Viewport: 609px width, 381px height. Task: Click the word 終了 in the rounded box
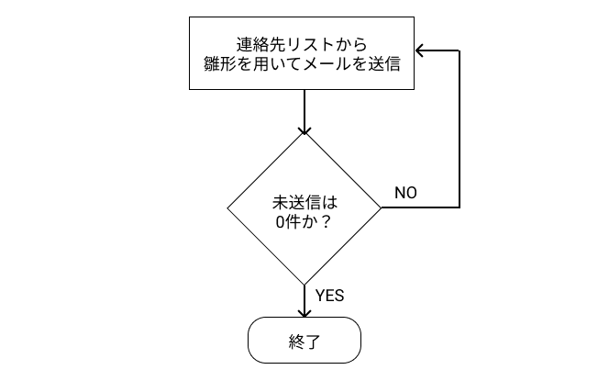click(304, 342)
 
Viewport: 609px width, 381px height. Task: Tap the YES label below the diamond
click(329, 296)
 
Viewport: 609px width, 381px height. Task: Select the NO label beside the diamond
click(405, 193)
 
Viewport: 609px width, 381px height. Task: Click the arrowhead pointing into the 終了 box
click(304, 311)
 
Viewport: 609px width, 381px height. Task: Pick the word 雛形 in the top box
click(220, 64)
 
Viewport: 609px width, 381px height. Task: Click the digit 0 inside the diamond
click(280, 220)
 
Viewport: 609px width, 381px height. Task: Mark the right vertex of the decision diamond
click(381, 207)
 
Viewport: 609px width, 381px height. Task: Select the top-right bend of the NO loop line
click(459, 51)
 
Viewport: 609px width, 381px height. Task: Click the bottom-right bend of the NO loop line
click(459, 207)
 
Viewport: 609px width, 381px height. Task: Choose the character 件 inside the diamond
click(293, 220)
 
